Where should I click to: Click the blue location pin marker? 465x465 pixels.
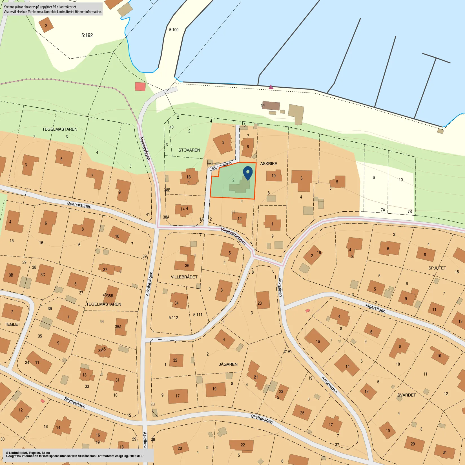click(x=248, y=172)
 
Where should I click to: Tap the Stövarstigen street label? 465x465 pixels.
click(x=220, y=166)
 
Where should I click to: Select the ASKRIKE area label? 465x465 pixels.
click(x=269, y=164)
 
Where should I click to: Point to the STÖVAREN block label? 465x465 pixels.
click(x=189, y=150)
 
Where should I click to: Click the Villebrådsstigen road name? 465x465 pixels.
click(x=233, y=236)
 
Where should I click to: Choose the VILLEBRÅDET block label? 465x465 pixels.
click(x=184, y=277)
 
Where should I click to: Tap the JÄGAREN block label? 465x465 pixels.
click(x=228, y=364)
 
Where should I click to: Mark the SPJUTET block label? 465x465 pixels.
click(x=437, y=268)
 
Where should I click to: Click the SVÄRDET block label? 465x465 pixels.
click(x=406, y=395)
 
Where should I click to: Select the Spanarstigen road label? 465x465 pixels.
click(x=79, y=205)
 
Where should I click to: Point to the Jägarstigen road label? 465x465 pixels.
click(x=375, y=308)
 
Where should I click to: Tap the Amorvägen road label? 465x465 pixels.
click(x=329, y=385)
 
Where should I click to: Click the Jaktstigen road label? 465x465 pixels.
click(x=280, y=287)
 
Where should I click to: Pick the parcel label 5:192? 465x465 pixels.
click(x=87, y=36)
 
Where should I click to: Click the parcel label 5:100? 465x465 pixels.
click(x=174, y=30)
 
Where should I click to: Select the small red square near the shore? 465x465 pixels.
click(x=140, y=87)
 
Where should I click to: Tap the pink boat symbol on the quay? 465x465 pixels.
click(x=271, y=87)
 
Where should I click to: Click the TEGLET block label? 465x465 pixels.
click(x=12, y=324)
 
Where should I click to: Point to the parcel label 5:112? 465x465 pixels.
click(x=173, y=318)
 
